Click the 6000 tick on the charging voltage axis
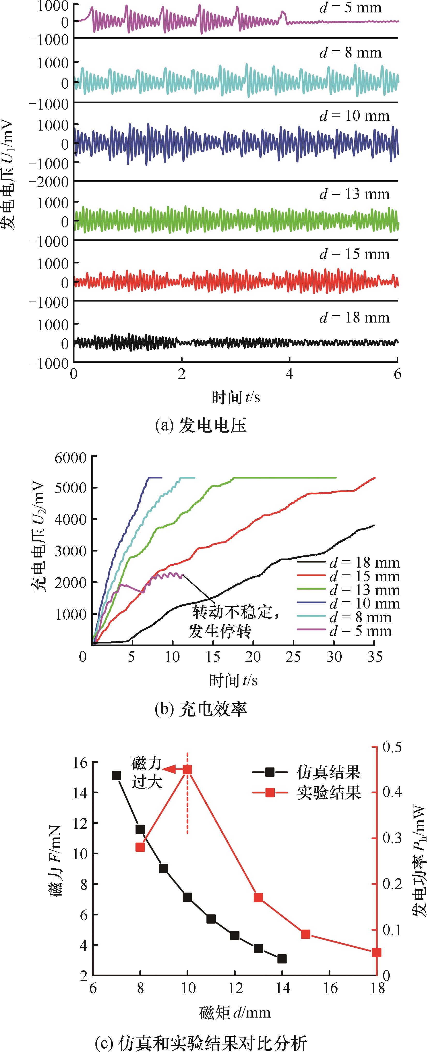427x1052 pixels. click(x=70, y=457)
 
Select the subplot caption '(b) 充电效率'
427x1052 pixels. click(x=201, y=709)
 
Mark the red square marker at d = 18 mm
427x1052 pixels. click(x=376, y=952)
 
